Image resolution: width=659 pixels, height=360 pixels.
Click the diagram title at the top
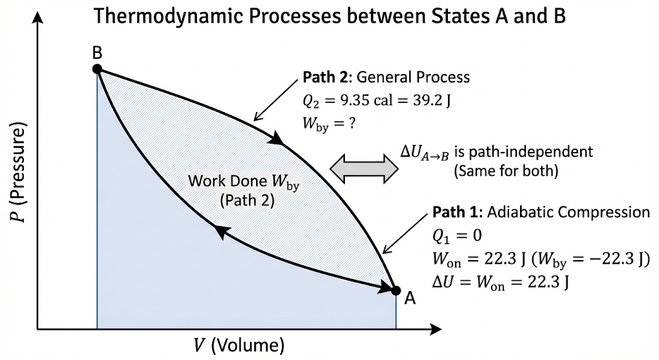[329, 15]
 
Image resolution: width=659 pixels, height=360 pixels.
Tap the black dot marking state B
[97, 69]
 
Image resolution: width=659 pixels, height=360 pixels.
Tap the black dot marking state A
[396, 290]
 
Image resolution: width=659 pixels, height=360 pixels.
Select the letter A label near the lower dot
[410, 298]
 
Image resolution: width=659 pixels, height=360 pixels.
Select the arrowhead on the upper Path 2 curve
[277, 138]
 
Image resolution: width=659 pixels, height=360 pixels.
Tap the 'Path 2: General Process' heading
[386, 77]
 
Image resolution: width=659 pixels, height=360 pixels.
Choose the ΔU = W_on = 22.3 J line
[502, 282]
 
